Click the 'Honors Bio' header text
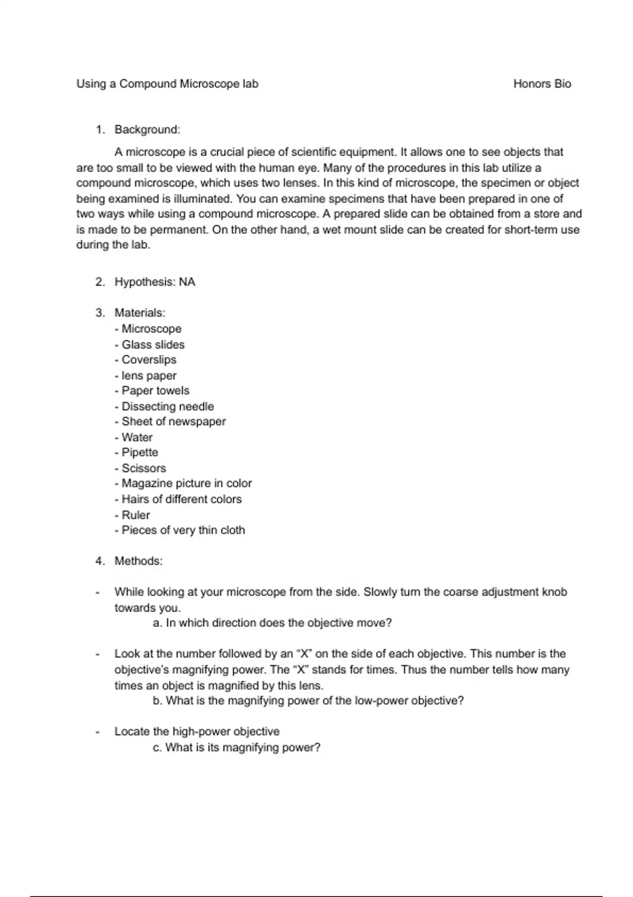tap(542, 84)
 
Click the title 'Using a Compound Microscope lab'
tap(167, 84)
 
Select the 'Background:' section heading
tap(147, 130)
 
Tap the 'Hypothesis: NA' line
tap(155, 282)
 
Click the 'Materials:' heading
tap(140, 313)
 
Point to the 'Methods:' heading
tap(138, 561)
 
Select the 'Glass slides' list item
tap(153, 345)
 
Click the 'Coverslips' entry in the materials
tap(149, 360)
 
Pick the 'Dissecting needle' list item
tap(167, 406)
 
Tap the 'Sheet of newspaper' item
tap(173, 422)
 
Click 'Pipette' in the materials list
tap(139, 453)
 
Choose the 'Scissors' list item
tap(143, 468)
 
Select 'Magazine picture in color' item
tap(186, 483)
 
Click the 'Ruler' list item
tap(136, 515)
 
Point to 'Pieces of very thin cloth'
tap(183, 530)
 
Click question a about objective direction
tap(272, 623)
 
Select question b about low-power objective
tap(308, 701)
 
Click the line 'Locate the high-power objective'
tap(197, 732)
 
